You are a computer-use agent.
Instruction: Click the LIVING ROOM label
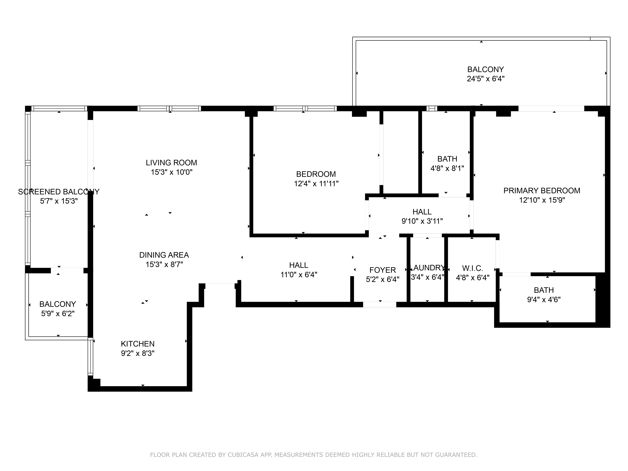[171, 163]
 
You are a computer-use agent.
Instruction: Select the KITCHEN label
[138, 344]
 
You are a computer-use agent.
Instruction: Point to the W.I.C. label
[472, 268]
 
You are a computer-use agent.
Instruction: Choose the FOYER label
[382, 270]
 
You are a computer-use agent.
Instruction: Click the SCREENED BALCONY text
[59, 192]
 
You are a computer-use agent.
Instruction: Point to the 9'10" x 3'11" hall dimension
[422, 221]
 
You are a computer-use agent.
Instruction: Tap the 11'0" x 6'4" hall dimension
[299, 275]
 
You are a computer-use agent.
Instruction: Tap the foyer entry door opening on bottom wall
[380, 304]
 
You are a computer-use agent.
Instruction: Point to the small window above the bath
[432, 108]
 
